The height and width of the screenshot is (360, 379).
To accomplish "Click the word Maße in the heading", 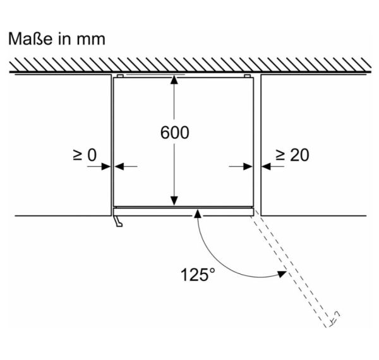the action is tap(30, 39).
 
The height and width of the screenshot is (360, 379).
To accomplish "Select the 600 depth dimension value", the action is tap(175, 133).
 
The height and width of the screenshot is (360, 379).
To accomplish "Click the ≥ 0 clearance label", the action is tap(85, 155).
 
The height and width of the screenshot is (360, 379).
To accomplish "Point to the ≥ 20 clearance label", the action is tap(292, 155).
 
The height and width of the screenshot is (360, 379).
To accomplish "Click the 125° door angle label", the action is tap(198, 275).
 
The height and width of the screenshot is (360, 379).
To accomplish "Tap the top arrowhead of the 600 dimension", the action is tap(174, 80).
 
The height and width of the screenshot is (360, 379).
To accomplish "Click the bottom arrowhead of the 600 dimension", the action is tap(174, 201).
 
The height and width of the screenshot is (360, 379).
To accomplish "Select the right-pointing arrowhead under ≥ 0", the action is tap(106, 167).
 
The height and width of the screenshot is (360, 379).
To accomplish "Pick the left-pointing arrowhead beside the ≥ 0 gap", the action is tap(119, 167).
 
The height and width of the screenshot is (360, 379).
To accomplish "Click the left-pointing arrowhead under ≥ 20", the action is tap(266, 167).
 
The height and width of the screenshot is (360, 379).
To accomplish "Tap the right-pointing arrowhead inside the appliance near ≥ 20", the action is tap(248, 167).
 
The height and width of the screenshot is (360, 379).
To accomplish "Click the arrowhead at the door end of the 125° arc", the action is tap(282, 273).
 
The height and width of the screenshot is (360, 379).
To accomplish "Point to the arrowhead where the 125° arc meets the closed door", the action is tap(198, 214).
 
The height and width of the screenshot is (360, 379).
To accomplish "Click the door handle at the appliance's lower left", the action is tap(118, 221).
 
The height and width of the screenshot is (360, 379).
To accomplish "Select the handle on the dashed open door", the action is tap(335, 318).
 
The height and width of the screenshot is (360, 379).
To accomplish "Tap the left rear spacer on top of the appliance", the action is tap(120, 76).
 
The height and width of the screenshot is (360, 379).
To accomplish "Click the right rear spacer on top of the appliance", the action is tap(247, 76).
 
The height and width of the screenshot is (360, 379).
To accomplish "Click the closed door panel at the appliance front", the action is tap(183, 212).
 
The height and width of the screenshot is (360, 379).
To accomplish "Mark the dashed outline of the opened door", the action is tap(293, 270).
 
